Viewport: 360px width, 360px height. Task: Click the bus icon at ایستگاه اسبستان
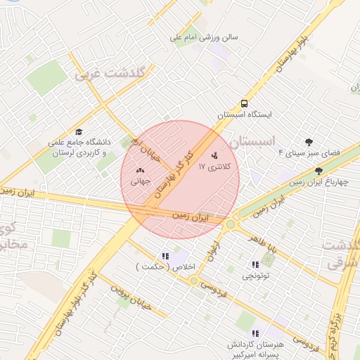tap(243, 102)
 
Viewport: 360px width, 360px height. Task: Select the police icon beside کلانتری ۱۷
tap(214, 155)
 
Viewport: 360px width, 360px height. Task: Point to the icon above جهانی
tap(139, 169)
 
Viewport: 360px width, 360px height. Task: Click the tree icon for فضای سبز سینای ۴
tap(308, 141)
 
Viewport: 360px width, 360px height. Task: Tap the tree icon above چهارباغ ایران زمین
tap(319, 171)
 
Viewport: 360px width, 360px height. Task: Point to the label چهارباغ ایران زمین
tap(323, 182)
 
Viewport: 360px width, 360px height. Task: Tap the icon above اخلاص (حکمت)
tap(165, 256)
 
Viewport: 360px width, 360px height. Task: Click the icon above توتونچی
tap(255, 264)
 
